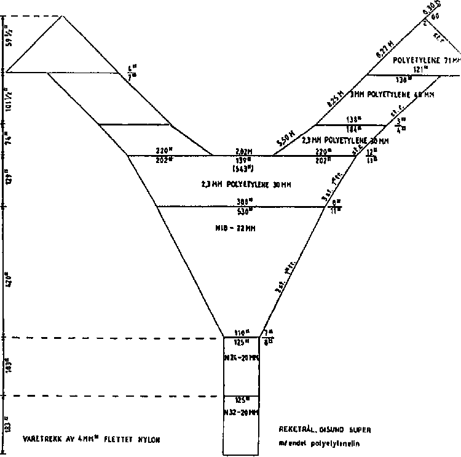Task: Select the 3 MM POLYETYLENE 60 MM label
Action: pyautogui.click(x=392, y=95)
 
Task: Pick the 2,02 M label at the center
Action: pyautogui.click(x=245, y=151)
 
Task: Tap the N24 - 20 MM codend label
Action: pyautogui.click(x=241, y=357)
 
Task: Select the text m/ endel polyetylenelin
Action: pyautogui.click(x=319, y=442)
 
